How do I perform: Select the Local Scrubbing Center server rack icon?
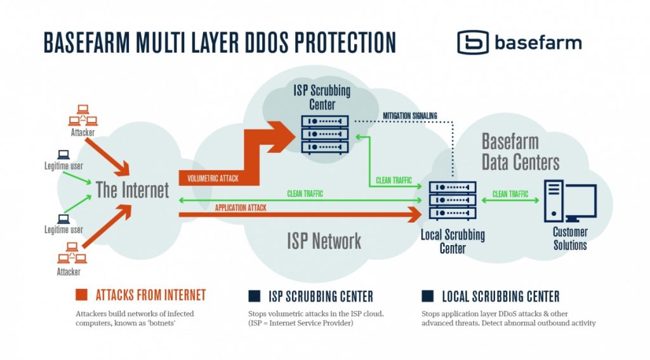(x=453, y=201)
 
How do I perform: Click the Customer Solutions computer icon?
(x=570, y=202)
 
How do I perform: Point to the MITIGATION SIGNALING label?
(x=410, y=116)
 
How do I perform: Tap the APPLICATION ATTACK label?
(x=241, y=208)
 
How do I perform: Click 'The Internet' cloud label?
(x=133, y=190)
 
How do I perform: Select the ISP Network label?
(x=324, y=241)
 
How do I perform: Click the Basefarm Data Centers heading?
(x=520, y=152)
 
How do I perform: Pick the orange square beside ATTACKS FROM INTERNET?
(x=81, y=295)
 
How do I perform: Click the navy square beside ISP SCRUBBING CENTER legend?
(x=255, y=295)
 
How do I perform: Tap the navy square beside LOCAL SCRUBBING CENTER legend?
(x=428, y=295)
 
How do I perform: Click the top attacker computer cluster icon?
(x=83, y=117)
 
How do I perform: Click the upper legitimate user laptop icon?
(x=63, y=154)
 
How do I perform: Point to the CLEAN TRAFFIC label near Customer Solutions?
(x=510, y=194)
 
